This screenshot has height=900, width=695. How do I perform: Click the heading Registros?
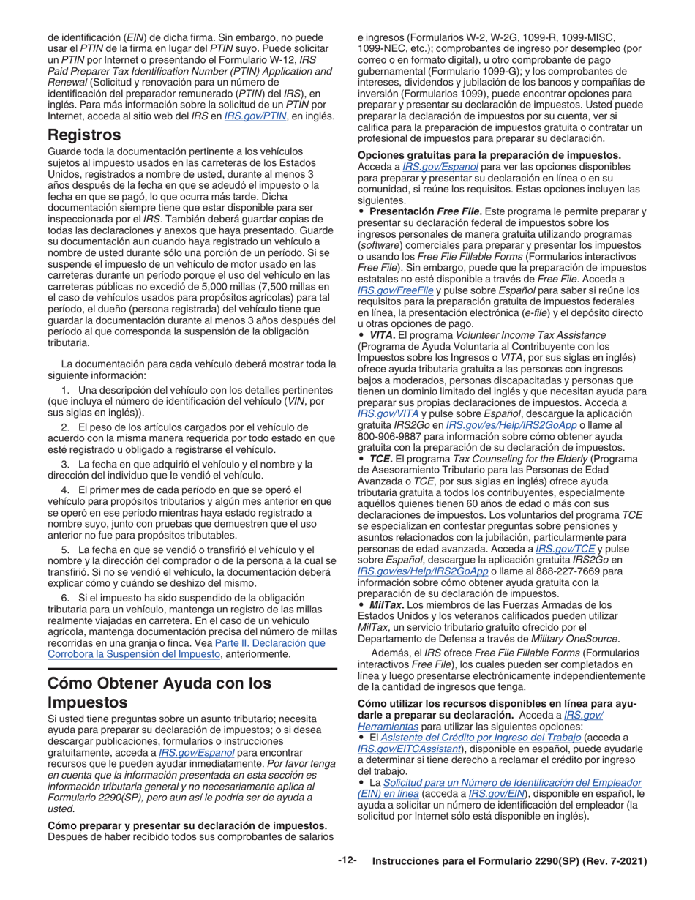pyautogui.click(x=84, y=135)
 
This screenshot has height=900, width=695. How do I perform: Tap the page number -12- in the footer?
pyautogui.click(x=347, y=861)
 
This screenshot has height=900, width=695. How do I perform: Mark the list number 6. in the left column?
pyautogui.click(x=66, y=598)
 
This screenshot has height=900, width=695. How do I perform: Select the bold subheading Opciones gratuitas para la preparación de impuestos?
pyautogui.click(x=489, y=155)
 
